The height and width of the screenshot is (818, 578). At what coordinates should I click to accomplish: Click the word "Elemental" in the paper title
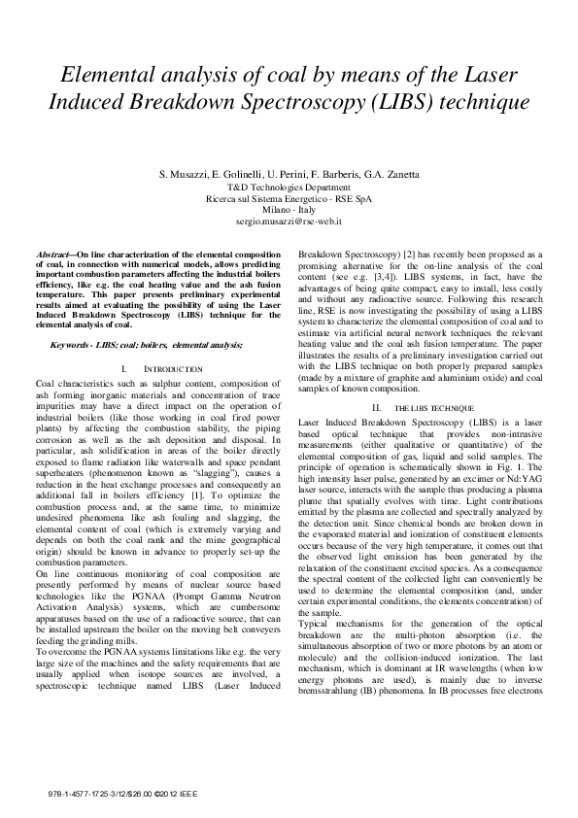[x=116, y=75]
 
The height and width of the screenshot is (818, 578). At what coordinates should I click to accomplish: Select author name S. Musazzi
[x=185, y=174]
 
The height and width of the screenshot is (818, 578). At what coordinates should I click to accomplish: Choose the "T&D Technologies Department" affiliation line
[x=289, y=187]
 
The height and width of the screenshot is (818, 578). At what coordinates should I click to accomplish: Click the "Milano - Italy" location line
[x=289, y=210]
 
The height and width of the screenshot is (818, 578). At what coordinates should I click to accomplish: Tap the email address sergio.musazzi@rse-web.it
[x=289, y=222]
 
